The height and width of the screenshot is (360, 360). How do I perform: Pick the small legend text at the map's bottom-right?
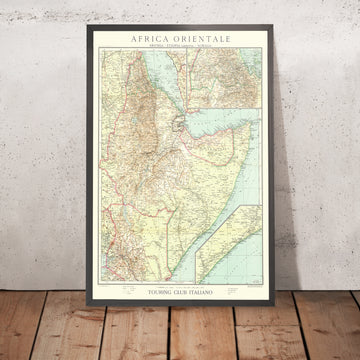pos(250,283)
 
